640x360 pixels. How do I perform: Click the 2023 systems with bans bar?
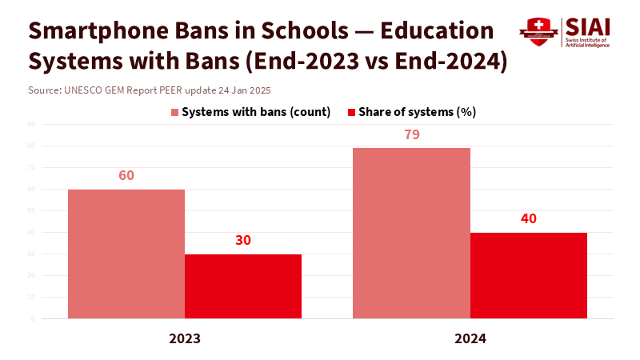coord(126,254)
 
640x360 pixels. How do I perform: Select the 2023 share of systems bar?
coord(243,286)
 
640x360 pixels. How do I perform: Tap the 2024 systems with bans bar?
coord(411,233)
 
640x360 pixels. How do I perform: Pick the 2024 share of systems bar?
coord(528,275)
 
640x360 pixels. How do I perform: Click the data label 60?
coord(126,175)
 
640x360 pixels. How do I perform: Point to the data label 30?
coord(243,241)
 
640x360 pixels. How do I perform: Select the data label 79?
coord(412,134)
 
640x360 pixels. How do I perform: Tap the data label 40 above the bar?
coord(528,218)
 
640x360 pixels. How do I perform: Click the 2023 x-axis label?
coord(185,338)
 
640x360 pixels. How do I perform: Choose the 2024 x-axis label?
coord(470,338)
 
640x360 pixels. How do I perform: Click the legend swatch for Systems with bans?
coord(175,112)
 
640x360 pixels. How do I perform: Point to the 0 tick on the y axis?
coord(33,318)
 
